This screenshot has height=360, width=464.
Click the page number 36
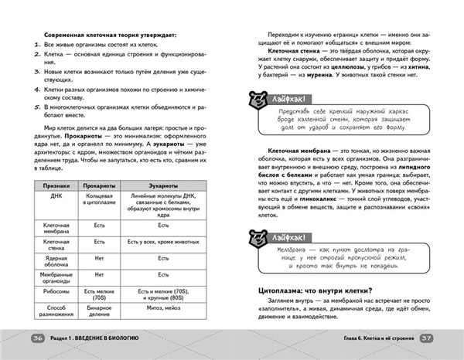pos(37,338)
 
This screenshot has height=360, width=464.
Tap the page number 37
pos(426,338)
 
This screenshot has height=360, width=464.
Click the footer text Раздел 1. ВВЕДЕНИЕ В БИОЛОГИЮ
pos(94,338)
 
